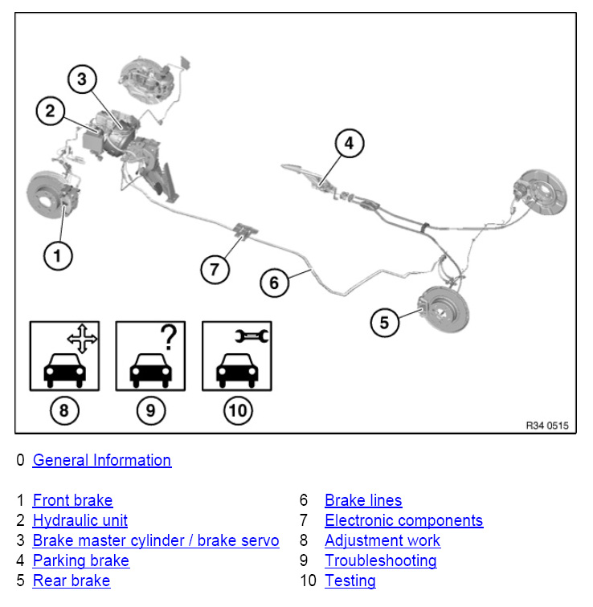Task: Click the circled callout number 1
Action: (x=57, y=256)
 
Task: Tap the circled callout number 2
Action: (x=51, y=112)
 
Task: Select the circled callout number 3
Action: (x=82, y=79)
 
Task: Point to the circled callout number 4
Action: (x=349, y=145)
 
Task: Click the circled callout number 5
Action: (x=384, y=323)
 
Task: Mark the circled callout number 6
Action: (x=274, y=283)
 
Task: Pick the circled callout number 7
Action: (x=215, y=269)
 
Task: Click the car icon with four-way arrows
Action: (x=64, y=356)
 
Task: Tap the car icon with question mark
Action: (x=150, y=356)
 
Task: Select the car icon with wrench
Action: (x=236, y=356)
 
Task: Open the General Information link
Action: (x=102, y=460)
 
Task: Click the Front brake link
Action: (x=72, y=501)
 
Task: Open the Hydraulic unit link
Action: (x=80, y=520)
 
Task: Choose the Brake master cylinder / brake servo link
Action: (x=156, y=540)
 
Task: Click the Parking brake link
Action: (x=81, y=560)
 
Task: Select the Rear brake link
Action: (x=72, y=581)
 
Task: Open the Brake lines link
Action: (x=363, y=501)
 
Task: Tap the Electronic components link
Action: (x=404, y=520)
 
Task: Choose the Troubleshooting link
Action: (x=381, y=560)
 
